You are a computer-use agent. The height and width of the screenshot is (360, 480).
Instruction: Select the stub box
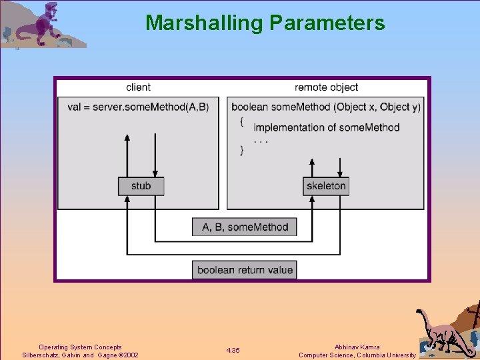click(141, 186)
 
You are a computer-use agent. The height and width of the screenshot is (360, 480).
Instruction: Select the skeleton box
click(326, 186)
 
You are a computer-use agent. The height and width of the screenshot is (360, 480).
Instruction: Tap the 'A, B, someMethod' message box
click(245, 227)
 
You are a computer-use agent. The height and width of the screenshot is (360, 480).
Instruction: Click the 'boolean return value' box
click(245, 270)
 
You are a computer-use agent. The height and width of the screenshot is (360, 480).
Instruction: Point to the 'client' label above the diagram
click(138, 87)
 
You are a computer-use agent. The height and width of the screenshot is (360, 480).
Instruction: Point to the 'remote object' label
click(326, 87)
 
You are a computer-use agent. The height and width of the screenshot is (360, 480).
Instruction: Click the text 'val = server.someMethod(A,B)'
click(138, 107)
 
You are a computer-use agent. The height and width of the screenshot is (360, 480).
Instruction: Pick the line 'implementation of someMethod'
click(326, 127)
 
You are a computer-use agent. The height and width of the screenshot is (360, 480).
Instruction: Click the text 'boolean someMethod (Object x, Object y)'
click(326, 107)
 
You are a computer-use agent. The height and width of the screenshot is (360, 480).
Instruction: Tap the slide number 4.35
click(233, 351)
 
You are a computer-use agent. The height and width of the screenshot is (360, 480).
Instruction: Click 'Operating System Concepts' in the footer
click(80, 347)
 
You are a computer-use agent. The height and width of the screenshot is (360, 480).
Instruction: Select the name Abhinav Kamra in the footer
click(357, 347)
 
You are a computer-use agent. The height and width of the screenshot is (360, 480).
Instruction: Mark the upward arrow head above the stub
click(127, 137)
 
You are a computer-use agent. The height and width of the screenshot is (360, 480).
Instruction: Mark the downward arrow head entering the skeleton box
click(341, 174)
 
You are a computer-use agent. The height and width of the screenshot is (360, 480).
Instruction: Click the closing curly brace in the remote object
click(242, 151)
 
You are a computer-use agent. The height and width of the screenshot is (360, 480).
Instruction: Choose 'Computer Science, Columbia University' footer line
click(357, 355)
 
